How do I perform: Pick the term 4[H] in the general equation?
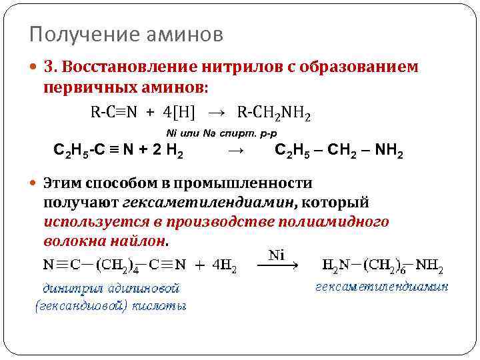point(179,112)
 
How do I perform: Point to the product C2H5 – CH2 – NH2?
point(338,150)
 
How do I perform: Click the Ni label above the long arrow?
point(276,255)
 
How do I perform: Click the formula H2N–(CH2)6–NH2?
point(381,266)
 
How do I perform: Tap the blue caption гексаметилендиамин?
point(381,287)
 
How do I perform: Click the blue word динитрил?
point(69,288)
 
